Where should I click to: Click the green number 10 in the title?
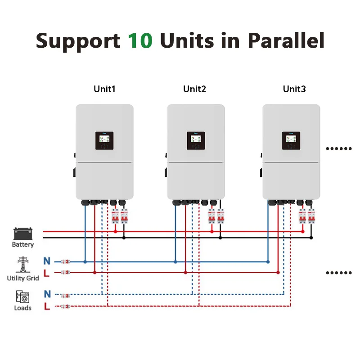140,40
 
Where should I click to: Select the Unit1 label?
104,89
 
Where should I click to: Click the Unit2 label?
194,89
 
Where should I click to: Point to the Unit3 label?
294,89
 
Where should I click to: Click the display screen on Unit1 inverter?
104,141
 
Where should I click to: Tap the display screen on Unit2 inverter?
196,141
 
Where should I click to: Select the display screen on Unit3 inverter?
291,141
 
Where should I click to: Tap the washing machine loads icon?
22,297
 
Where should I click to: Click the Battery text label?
22,245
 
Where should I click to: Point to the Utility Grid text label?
22,278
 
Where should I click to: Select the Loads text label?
22,308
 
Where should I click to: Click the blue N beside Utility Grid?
47,261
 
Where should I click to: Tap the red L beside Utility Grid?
47,272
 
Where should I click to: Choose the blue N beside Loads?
47,295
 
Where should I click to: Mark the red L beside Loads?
47,306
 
